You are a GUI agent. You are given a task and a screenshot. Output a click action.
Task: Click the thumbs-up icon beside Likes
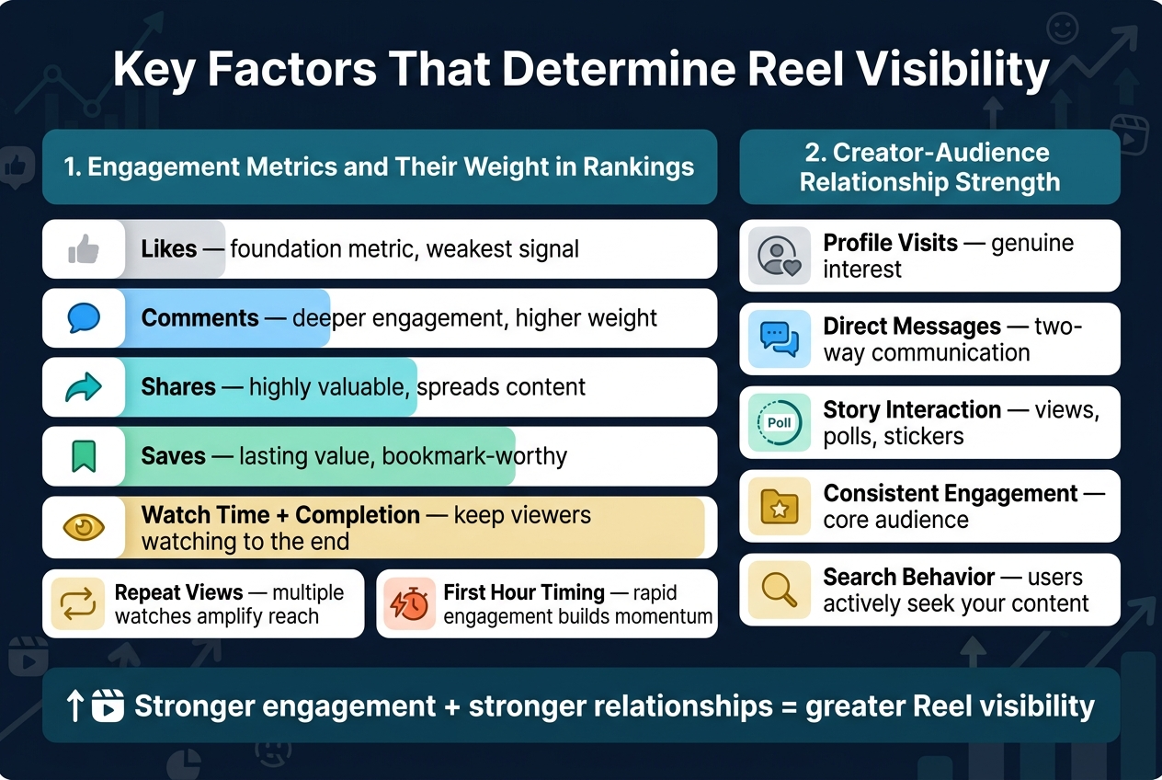[x=84, y=248]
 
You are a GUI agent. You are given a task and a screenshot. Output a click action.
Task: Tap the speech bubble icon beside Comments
[x=84, y=318]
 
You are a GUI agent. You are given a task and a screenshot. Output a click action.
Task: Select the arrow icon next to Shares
[x=84, y=387]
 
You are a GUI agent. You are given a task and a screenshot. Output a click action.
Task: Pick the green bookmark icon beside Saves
[x=84, y=456]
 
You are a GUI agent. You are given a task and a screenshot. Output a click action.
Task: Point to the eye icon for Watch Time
[x=84, y=527]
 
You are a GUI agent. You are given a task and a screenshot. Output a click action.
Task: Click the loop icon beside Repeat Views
[x=77, y=603]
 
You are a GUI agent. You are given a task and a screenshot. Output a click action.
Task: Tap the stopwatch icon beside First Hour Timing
[x=408, y=603]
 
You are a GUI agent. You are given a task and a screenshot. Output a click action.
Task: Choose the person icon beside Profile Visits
[x=780, y=256]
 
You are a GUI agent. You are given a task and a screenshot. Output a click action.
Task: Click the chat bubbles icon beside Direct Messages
[x=780, y=339]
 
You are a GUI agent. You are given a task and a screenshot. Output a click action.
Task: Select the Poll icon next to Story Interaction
[x=780, y=423]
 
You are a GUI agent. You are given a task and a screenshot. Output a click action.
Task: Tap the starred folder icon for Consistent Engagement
[x=780, y=507]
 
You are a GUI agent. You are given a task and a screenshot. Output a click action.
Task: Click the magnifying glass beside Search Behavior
[x=780, y=590]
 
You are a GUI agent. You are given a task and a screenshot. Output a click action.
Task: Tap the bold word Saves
[x=173, y=456]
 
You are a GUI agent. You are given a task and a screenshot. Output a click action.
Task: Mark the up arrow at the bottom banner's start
[x=75, y=706]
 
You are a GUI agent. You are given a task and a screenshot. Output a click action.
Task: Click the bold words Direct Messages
[x=912, y=327]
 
